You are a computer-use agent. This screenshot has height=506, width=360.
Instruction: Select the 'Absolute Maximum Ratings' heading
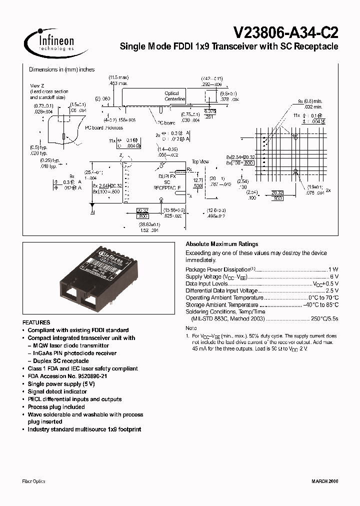221,244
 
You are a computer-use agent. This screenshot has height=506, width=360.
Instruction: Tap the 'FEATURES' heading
36,323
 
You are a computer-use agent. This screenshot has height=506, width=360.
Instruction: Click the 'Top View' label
201,162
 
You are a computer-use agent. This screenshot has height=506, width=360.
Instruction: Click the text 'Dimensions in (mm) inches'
61,69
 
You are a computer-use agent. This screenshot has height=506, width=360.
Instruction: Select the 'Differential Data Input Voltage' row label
221,290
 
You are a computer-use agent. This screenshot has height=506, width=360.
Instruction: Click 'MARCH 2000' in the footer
323,481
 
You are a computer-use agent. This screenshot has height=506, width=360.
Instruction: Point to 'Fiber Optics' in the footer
34,481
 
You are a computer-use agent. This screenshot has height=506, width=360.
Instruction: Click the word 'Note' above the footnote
191,328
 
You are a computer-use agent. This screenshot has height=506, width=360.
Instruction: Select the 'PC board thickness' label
103,127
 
